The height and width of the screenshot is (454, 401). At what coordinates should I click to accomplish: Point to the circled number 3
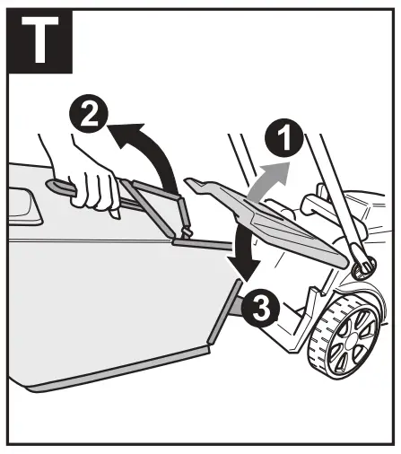pos(256,309)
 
